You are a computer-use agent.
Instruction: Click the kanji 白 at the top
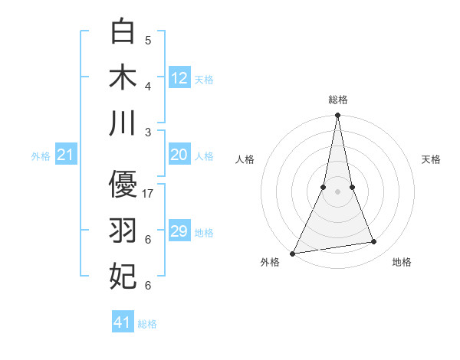[x=123, y=32]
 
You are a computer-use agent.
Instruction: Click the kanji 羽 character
[x=123, y=231]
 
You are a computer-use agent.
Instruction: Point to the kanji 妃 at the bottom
[x=123, y=277]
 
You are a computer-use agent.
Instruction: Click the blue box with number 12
[x=179, y=77]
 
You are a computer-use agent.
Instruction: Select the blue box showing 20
[x=179, y=155]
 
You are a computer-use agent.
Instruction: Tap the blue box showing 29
[x=179, y=231]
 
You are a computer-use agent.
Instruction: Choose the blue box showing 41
[x=123, y=322]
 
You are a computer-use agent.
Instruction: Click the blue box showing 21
[x=66, y=155]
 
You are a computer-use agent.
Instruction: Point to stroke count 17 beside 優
[x=149, y=193]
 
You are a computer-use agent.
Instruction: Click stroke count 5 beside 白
[x=148, y=40]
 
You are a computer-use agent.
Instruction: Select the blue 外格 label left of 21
[x=41, y=156]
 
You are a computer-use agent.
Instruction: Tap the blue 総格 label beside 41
[x=147, y=324]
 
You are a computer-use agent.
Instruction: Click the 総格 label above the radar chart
[x=337, y=100]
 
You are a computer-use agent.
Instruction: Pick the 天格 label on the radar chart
[x=432, y=159]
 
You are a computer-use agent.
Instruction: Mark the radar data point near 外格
[x=292, y=253]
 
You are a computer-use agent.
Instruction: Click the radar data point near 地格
[x=374, y=242]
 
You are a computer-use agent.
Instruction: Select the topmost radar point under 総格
[x=337, y=115]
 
